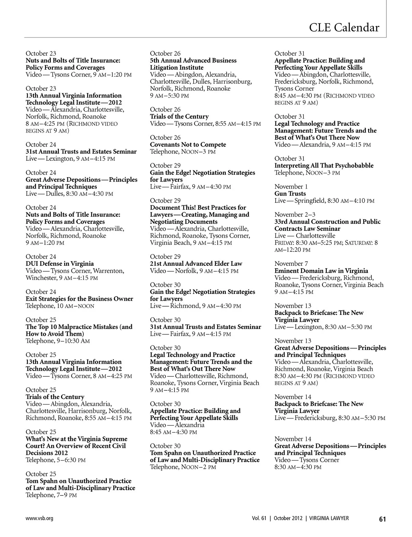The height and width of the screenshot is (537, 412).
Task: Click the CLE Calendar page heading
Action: (x=344, y=27)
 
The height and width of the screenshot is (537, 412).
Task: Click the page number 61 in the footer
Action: (x=382, y=519)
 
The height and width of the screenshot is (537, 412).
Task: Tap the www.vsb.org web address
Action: (x=39, y=518)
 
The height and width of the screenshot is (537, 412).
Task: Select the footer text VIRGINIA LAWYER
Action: (x=329, y=518)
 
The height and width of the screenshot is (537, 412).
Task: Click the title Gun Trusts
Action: (x=290, y=194)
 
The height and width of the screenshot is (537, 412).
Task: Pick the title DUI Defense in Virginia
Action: (x=60, y=264)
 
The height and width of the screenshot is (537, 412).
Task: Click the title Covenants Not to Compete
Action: (x=188, y=145)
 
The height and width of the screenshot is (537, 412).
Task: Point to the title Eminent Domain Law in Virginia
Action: (x=321, y=271)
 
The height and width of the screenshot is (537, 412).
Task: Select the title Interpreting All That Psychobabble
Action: (x=324, y=165)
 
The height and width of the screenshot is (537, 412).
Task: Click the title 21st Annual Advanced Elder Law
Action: (x=196, y=264)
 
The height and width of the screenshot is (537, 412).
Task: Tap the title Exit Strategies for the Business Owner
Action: (x=79, y=299)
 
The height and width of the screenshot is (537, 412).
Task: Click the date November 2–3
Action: (x=295, y=215)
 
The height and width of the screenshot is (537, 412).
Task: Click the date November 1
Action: (x=291, y=186)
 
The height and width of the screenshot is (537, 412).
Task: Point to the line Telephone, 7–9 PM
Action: (x=51, y=495)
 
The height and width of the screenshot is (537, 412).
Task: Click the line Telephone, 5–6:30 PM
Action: (x=56, y=460)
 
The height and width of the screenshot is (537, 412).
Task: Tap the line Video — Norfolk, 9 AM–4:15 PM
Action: (x=194, y=271)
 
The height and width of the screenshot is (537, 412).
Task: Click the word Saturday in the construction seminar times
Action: (x=358, y=243)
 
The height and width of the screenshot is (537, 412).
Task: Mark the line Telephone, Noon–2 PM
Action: (x=183, y=467)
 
